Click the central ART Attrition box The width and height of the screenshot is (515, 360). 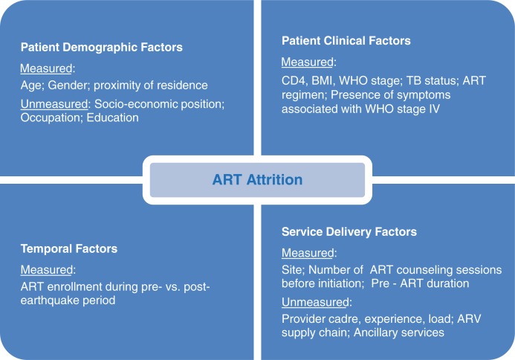point(257,180)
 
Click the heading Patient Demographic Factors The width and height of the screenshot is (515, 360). point(102,48)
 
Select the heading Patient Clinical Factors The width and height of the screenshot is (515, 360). point(346,41)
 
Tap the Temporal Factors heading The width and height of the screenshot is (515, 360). point(69,248)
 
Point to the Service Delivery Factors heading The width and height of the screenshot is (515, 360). point(349,232)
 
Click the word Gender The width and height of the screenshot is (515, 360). point(68,86)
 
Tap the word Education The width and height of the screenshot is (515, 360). point(113,118)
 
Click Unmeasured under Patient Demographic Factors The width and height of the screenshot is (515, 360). point(54,104)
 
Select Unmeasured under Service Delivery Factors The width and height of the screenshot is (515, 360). point(315,302)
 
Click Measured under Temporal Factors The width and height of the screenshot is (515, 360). point(47,270)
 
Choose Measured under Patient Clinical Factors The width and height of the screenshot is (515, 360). point(308,62)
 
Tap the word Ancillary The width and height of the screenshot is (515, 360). point(376,332)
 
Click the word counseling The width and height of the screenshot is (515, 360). point(430,270)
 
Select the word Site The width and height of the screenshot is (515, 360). point(293,270)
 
